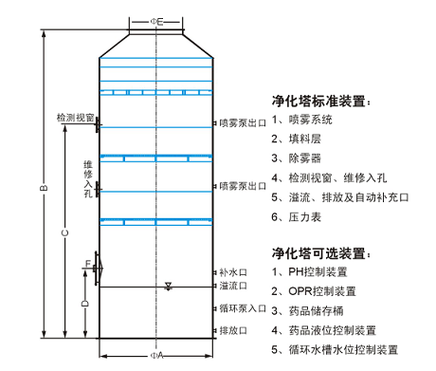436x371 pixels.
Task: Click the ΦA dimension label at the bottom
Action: [x=157, y=358]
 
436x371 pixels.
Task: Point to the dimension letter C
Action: [x=64, y=232]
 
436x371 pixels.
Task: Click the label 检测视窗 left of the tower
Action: [x=74, y=118]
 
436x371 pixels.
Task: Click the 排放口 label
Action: [x=232, y=330]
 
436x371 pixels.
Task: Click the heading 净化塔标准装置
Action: [x=320, y=100]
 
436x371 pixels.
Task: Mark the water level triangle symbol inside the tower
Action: [x=168, y=286]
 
